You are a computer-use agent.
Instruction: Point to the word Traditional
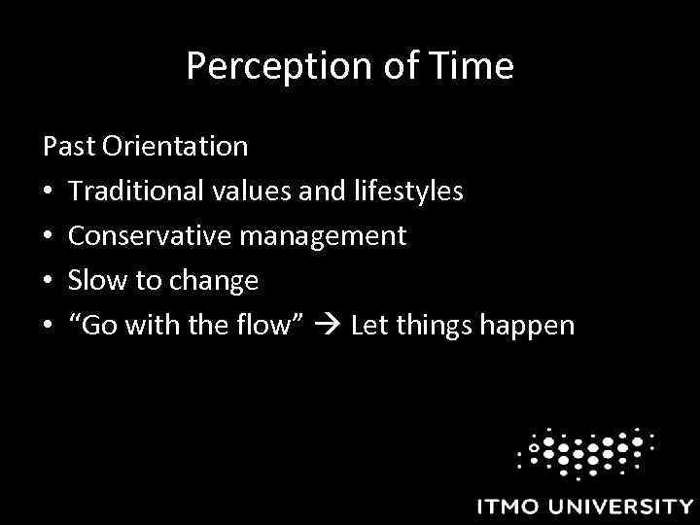[x=126, y=192]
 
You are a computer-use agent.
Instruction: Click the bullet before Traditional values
[x=49, y=192]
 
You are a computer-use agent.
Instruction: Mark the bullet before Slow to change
[x=49, y=282]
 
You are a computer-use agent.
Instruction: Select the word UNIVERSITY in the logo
[x=625, y=507]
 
